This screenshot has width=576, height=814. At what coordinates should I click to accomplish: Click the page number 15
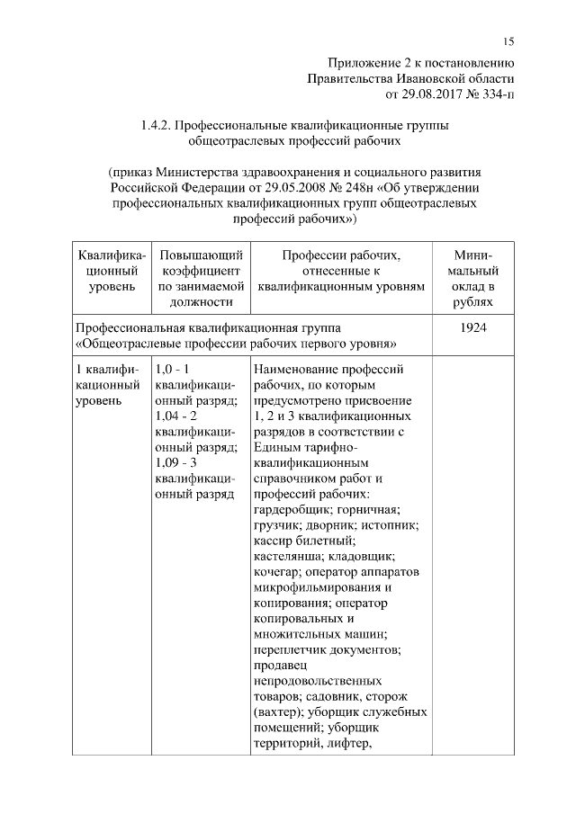(508, 41)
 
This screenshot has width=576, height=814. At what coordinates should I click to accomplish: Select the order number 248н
(356, 187)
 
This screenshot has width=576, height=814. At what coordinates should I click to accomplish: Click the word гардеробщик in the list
(292, 508)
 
